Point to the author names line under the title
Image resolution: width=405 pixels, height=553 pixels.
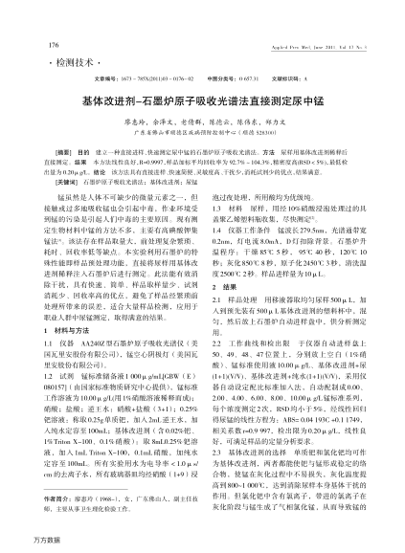tap(202, 122)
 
